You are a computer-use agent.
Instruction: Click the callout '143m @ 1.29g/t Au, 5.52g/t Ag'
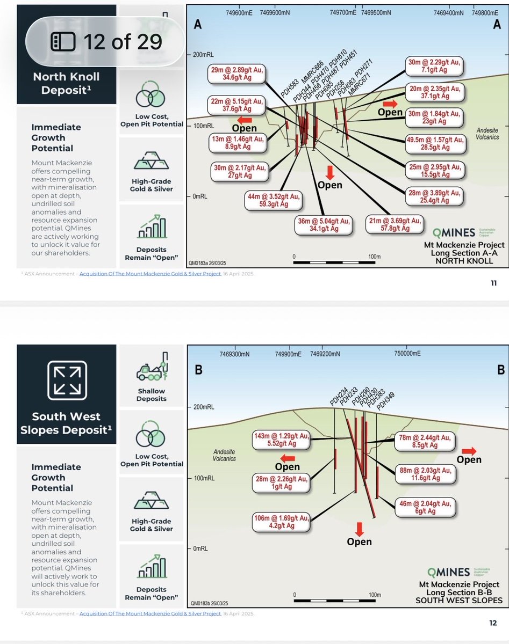pyautogui.click(x=282, y=440)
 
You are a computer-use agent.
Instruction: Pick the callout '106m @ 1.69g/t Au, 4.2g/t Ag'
pyautogui.click(x=282, y=522)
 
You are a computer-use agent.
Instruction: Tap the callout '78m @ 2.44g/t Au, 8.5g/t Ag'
pyautogui.click(x=425, y=441)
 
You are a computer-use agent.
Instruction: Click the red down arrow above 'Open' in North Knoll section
pyautogui.click(x=329, y=172)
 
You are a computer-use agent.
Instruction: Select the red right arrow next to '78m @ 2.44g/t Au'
pyautogui.click(x=469, y=450)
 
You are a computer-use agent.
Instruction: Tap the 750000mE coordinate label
pyautogui.click(x=407, y=354)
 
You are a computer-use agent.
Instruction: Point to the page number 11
pyautogui.click(x=493, y=284)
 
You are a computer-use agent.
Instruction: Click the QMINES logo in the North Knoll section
pyautogui.click(x=455, y=233)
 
